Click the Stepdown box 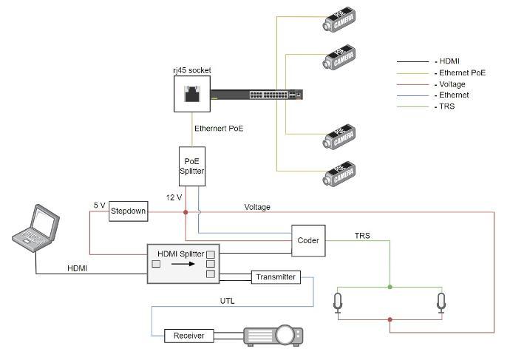tap(128, 212)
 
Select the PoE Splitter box tap(191, 166)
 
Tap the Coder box tap(308, 240)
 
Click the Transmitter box tap(276, 277)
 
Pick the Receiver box tap(188, 336)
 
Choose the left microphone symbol tap(338, 302)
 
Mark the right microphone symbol tap(441, 302)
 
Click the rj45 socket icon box tap(191, 94)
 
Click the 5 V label tap(100, 205)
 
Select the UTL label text tap(228, 301)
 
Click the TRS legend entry tap(448, 106)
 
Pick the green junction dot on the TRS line tap(390, 286)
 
